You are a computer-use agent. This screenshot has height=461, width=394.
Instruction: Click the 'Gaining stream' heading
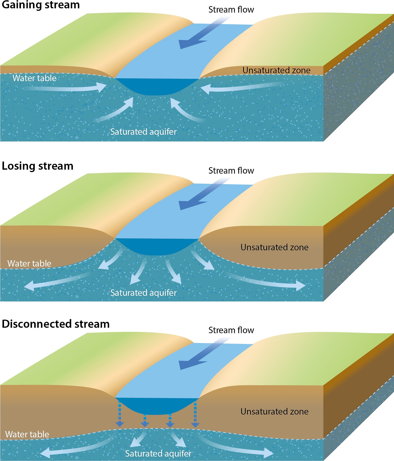pos(41,5)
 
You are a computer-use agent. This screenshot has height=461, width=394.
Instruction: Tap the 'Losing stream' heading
pos(38,166)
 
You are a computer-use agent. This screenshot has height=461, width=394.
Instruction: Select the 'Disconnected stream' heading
pos(56,324)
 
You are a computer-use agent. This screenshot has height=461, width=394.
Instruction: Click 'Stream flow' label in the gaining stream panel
pos(231,10)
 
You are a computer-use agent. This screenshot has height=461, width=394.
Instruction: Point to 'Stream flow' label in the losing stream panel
pos(231,171)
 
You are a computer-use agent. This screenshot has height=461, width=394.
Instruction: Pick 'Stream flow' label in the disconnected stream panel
pos(231,330)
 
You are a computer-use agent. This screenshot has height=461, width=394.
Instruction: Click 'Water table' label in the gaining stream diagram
pos(34,78)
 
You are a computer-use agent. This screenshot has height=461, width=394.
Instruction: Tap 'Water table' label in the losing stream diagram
pos(29,263)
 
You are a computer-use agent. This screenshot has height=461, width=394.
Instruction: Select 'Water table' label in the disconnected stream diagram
pos(27,434)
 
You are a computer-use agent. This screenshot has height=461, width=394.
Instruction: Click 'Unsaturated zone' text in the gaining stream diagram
pos(276,70)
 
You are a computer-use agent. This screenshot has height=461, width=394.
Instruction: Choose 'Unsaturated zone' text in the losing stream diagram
pos(275,247)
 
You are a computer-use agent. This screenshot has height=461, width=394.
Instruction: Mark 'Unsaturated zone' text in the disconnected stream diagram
pos(275,412)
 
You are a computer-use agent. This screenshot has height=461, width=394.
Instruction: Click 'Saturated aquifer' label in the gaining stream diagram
pos(143,132)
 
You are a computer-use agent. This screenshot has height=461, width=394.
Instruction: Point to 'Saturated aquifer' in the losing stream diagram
pos(143,293)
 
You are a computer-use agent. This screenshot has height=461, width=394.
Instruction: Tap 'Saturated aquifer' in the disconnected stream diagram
pos(158,453)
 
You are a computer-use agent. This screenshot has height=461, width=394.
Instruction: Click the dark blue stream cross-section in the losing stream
pos(157,246)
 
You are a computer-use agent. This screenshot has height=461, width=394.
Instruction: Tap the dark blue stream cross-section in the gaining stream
pos(157,86)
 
